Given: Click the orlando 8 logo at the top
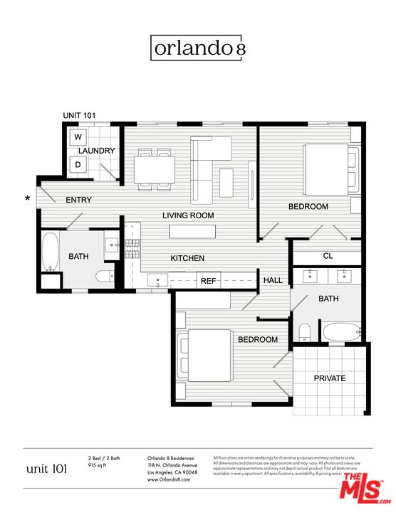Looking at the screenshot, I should click(x=198, y=48).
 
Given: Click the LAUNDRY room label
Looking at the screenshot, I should click(x=97, y=151).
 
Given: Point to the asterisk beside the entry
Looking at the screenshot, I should click(x=28, y=199).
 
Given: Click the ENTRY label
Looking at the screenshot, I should click(x=78, y=200).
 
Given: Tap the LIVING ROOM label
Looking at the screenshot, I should click(x=188, y=215).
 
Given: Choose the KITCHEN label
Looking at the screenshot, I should click(x=187, y=258).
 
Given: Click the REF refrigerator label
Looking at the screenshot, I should click(x=208, y=281).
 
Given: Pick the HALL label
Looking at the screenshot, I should click(x=273, y=281).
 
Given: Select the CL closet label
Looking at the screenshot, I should click(x=328, y=256).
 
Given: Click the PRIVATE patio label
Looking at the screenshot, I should click(x=330, y=378).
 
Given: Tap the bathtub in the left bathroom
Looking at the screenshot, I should click(x=50, y=252).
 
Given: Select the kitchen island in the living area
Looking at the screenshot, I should click(x=192, y=232).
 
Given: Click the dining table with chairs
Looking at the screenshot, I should click(x=155, y=169).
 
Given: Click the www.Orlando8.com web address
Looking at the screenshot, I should click(x=169, y=481).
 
